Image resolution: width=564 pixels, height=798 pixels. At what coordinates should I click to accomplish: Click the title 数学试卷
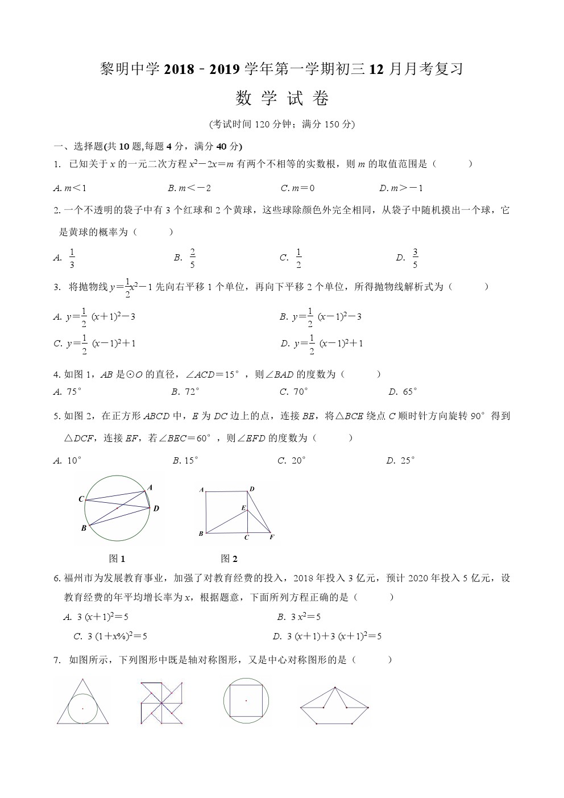[282, 99]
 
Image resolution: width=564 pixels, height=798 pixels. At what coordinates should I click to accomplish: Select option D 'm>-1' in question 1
[401, 188]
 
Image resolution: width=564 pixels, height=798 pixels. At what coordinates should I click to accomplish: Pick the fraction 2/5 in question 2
[193, 258]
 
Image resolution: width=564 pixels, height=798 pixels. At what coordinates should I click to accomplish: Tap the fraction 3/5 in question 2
[415, 258]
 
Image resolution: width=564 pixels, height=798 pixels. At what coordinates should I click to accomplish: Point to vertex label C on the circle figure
[81, 499]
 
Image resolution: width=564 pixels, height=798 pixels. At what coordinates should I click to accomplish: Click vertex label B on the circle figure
[84, 528]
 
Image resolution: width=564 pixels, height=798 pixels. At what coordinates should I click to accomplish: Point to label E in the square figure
[243, 507]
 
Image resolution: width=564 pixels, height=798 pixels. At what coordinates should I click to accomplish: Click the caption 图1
[117, 559]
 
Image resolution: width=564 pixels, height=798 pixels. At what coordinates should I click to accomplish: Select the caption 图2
[229, 559]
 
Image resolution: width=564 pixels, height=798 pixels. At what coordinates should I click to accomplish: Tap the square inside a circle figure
[246, 700]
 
